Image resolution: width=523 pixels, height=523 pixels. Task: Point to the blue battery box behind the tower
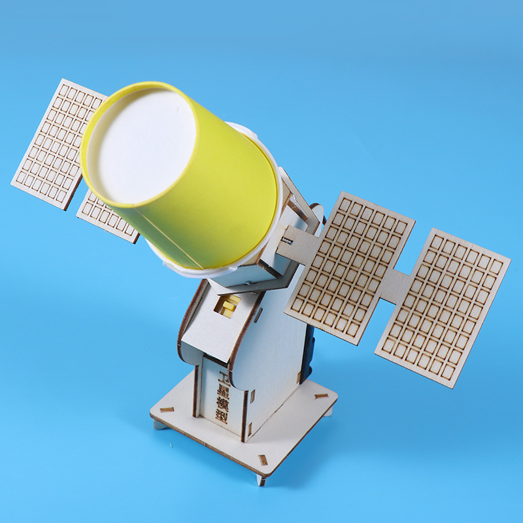pyautogui.click(x=308, y=353)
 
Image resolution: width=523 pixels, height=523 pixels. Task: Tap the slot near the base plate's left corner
pyautogui.click(x=167, y=410)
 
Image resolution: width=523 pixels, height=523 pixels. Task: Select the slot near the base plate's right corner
pyautogui.click(x=321, y=396)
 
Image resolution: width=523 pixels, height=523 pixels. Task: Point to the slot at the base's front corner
pyautogui.click(x=263, y=460)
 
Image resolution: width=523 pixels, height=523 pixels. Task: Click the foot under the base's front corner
pyautogui.click(x=261, y=481)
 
